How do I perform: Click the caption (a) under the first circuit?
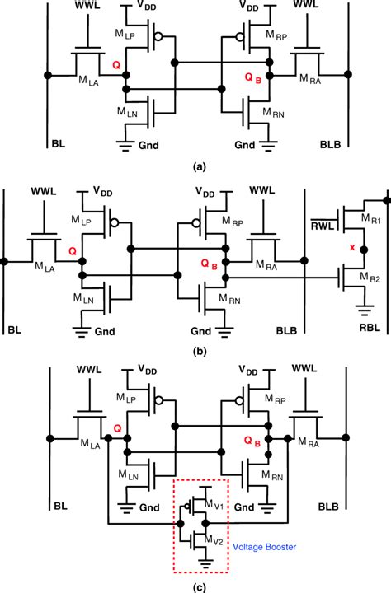[199, 166]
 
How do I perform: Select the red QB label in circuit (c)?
[252, 443]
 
